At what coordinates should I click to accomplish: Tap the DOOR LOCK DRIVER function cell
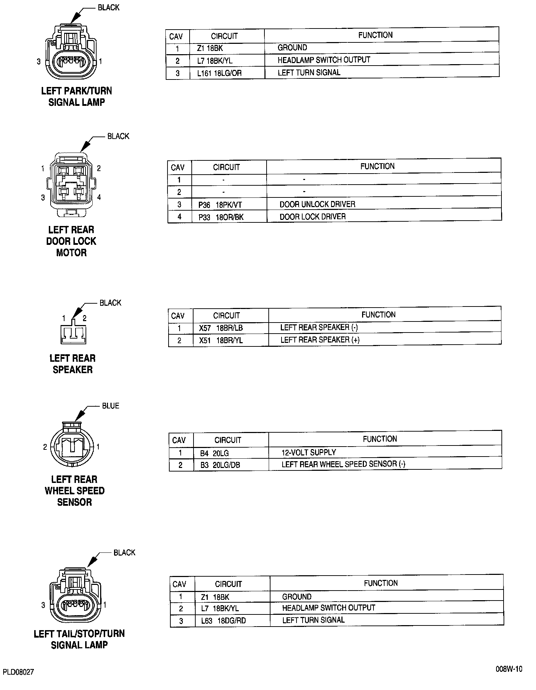313,217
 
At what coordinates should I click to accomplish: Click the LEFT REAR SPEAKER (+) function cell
320,340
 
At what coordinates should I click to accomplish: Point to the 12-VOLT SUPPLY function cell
309,453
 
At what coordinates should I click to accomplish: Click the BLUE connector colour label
110,406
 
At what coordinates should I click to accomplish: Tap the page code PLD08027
19,672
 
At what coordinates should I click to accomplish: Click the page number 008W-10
509,669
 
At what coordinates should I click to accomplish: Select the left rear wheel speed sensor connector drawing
73,446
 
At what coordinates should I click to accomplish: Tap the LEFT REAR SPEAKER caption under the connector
73,364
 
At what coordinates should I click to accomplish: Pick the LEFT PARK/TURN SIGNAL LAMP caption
77,97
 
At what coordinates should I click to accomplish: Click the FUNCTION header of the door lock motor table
377,166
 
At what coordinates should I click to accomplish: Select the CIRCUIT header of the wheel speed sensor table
228,440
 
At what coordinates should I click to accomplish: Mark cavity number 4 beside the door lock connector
99,197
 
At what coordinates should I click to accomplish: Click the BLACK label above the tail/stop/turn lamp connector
124,552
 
